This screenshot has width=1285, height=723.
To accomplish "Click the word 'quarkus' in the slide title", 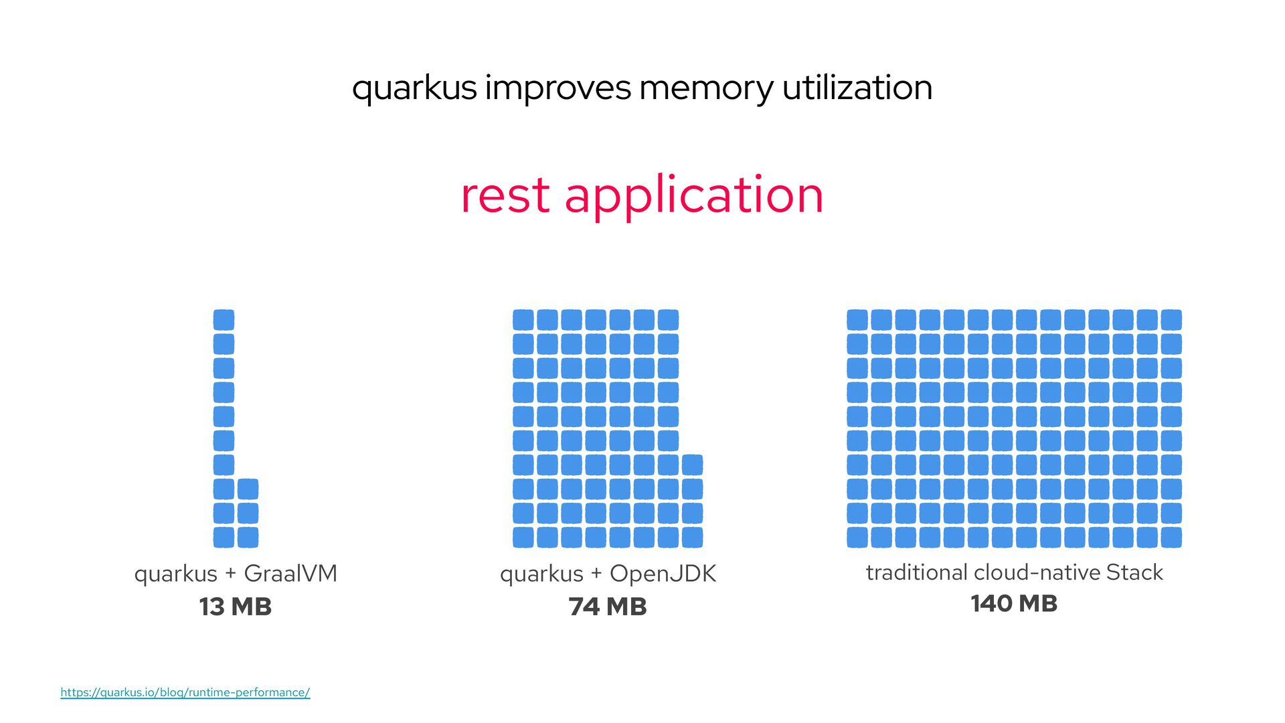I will pos(414,88).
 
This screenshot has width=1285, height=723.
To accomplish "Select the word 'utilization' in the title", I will pos(857,88).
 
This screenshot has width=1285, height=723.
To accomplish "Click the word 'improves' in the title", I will pos(558,88).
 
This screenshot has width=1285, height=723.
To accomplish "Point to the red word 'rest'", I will pos(505,195).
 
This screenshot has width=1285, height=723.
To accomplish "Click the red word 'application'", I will pos(694,195).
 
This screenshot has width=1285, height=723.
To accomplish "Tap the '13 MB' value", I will pos(236,607).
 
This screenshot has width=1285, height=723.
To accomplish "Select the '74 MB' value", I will pos(608,607).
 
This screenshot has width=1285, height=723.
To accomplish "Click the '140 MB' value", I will pos(1014,603).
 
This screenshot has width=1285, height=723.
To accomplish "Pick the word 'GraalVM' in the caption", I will pos(290,574).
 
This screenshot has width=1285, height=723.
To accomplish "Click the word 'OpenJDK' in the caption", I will pos(663,574).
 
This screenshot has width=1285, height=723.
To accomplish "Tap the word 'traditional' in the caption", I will pos(916,572).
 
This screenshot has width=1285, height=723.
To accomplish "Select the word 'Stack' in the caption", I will pos(1134,572).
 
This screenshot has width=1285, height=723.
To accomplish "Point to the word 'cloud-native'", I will pos(1037,572).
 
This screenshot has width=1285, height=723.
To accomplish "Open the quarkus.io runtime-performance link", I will pos(185,692).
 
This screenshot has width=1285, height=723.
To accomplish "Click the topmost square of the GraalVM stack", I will pos(224,320).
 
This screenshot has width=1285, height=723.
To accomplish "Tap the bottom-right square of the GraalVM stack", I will pos(248,537).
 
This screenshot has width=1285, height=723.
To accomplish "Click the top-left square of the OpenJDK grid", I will pos(523,320).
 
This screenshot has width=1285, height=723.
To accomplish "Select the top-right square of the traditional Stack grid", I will pos(1171,320).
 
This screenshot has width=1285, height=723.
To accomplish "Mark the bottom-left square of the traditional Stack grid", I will pos(857,537).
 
